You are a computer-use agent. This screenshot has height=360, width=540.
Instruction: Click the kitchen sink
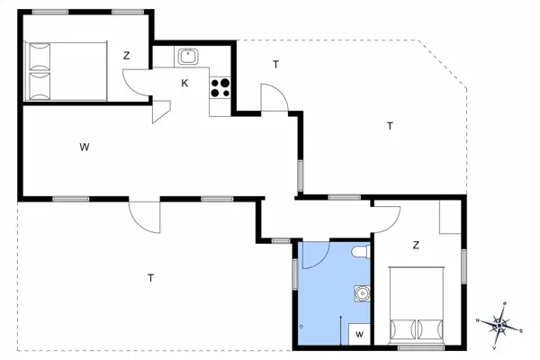click(189, 56)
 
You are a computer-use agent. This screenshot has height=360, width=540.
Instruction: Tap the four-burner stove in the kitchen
click(220, 86)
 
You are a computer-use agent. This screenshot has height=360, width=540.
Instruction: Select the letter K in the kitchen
click(184, 84)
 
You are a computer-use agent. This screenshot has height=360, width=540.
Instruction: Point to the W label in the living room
click(83, 146)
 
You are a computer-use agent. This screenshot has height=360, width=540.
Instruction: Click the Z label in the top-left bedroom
click(127, 56)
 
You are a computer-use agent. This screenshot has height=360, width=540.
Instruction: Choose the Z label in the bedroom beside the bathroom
click(416, 245)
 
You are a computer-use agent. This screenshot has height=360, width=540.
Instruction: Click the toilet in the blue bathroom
click(361, 253)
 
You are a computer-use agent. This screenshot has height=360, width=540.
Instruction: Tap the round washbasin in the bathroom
click(361, 292)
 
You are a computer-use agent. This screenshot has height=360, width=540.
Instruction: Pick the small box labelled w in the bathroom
click(359, 334)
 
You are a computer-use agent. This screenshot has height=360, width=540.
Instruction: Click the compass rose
click(498, 322)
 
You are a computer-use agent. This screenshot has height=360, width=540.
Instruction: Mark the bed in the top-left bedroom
click(67, 72)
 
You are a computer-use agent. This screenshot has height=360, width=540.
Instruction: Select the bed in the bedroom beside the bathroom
click(417, 306)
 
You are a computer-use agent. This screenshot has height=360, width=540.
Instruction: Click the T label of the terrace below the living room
click(150, 278)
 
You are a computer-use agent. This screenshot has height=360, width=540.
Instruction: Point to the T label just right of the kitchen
click(275, 64)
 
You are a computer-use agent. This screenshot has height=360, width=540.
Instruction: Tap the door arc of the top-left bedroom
click(137, 83)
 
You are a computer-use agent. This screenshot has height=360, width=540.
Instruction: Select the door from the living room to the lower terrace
click(145, 214)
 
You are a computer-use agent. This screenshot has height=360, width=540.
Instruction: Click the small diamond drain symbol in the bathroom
click(301, 326)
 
